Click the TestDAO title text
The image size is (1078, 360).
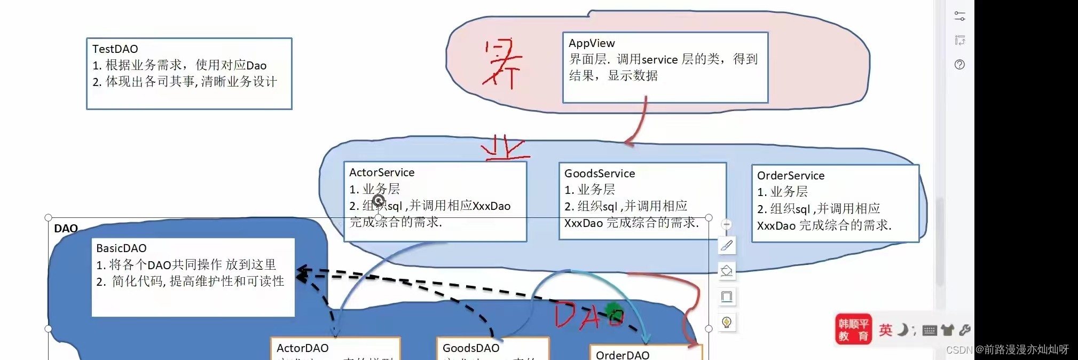[115, 49]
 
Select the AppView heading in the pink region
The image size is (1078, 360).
[592, 43]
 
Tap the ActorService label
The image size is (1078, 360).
[382, 173]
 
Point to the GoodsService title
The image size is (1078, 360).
[600, 174]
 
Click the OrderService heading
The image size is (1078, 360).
[791, 176]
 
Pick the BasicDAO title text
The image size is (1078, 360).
[121, 248]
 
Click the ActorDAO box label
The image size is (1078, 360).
[302, 348]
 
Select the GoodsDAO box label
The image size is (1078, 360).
[471, 348]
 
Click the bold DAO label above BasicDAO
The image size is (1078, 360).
[66, 229]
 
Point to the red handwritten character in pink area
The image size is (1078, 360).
[501, 64]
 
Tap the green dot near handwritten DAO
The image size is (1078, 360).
[612, 310]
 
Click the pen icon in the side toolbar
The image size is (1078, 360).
[727, 246]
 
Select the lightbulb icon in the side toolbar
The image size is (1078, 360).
[727, 322]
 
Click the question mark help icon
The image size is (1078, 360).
[959, 65]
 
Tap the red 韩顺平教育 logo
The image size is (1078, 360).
[853, 330]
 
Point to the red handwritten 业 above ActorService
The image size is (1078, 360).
[505, 148]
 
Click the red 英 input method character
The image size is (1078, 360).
[885, 330]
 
